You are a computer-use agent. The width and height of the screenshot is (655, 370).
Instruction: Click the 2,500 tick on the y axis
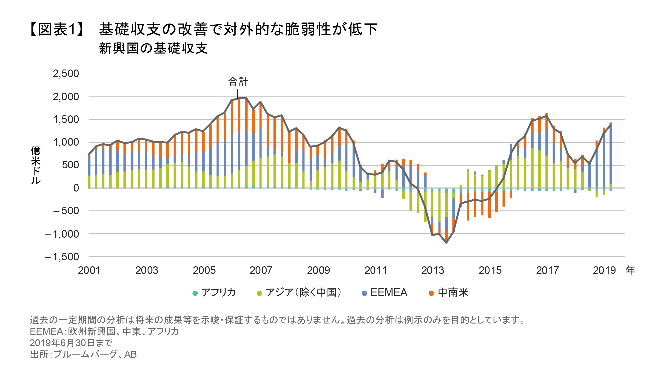tap(66, 74)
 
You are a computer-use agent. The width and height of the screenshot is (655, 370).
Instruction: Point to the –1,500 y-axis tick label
tap(62, 257)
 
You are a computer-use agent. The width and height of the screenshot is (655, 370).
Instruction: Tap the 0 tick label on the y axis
tap(76, 188)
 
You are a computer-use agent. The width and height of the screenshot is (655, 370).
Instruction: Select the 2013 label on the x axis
tap(433, 270)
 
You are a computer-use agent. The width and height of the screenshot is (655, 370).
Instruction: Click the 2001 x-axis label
tap(89, 270)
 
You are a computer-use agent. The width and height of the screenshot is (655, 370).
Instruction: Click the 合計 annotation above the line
tap(238, 82)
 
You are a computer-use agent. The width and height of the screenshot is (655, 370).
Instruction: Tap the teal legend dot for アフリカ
tap(195, 293)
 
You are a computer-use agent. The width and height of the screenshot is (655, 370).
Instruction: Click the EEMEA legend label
tap(389, 292)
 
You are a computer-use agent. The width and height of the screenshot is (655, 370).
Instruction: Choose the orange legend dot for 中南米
tap(431, 293)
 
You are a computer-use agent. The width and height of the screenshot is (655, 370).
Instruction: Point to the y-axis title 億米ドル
tap(36, 165)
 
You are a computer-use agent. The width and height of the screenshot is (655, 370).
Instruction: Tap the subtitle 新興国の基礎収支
tap(153, 48)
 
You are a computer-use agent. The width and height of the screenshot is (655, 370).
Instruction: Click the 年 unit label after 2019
tap(630, 270)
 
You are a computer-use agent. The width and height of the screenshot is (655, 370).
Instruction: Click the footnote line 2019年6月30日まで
tap(71, 343)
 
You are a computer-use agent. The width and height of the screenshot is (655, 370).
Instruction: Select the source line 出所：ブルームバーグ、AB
tap(83, 354)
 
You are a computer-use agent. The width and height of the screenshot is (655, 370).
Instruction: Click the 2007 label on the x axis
tap(261, 270)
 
